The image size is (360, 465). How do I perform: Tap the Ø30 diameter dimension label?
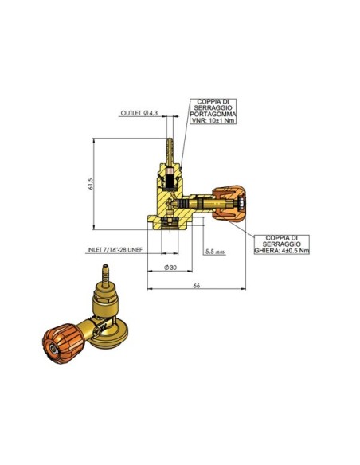[x=169, y=268]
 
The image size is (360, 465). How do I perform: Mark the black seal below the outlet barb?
[x=169, y=177]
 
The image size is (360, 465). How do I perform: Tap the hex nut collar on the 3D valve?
[x=108, y=301]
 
